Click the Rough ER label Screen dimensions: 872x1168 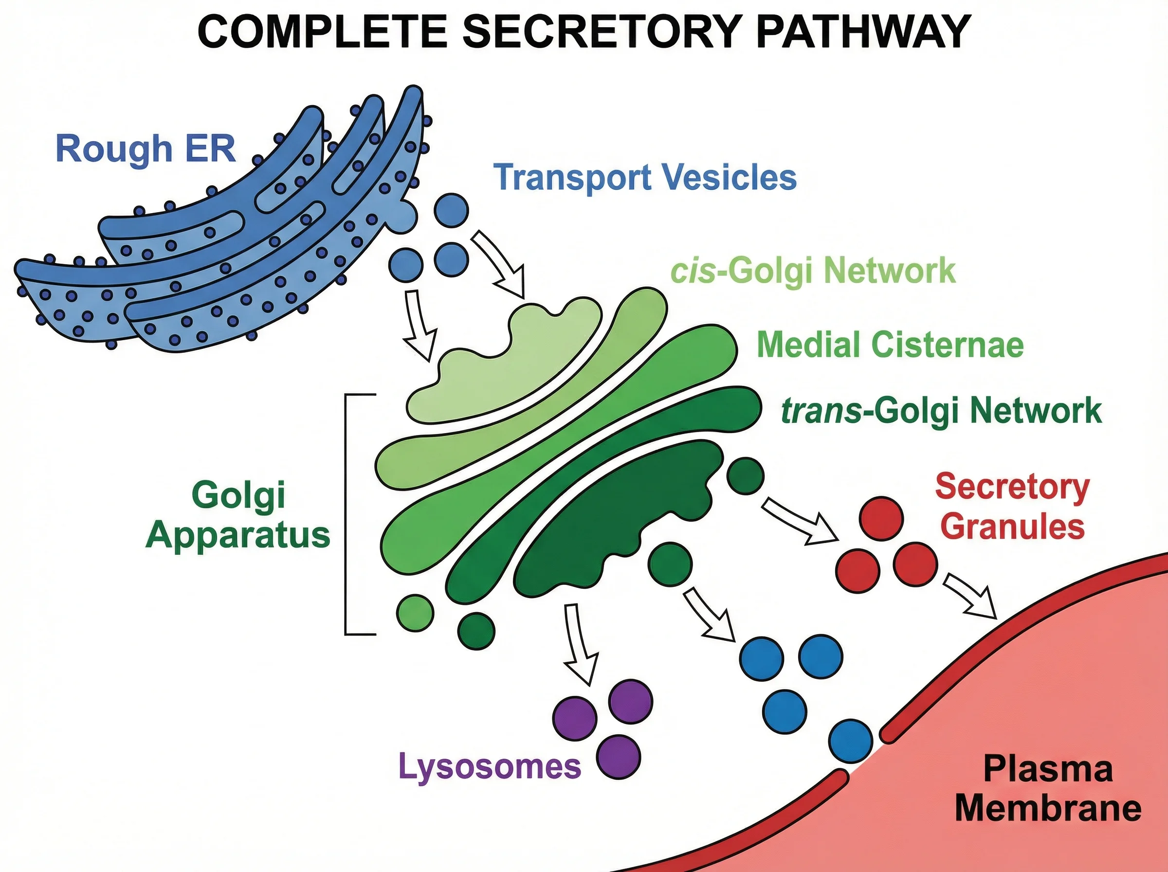[145, 149]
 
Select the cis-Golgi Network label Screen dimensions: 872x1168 [813, 271]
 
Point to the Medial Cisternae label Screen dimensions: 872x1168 [890, 345]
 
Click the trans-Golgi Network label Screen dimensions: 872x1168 [941, 411]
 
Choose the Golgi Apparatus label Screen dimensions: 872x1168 [238, 515]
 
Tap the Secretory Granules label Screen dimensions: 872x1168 [1012, 507]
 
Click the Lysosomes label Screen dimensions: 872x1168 [489, 766]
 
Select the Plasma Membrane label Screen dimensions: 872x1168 [1048, 789]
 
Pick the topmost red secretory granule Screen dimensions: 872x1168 [881, 518]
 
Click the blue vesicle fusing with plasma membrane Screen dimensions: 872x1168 [850, 741]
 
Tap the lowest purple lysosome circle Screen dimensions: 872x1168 [618, 757]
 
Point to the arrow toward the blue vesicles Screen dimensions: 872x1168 [710, 616]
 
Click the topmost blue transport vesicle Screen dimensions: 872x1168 [451, 210]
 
